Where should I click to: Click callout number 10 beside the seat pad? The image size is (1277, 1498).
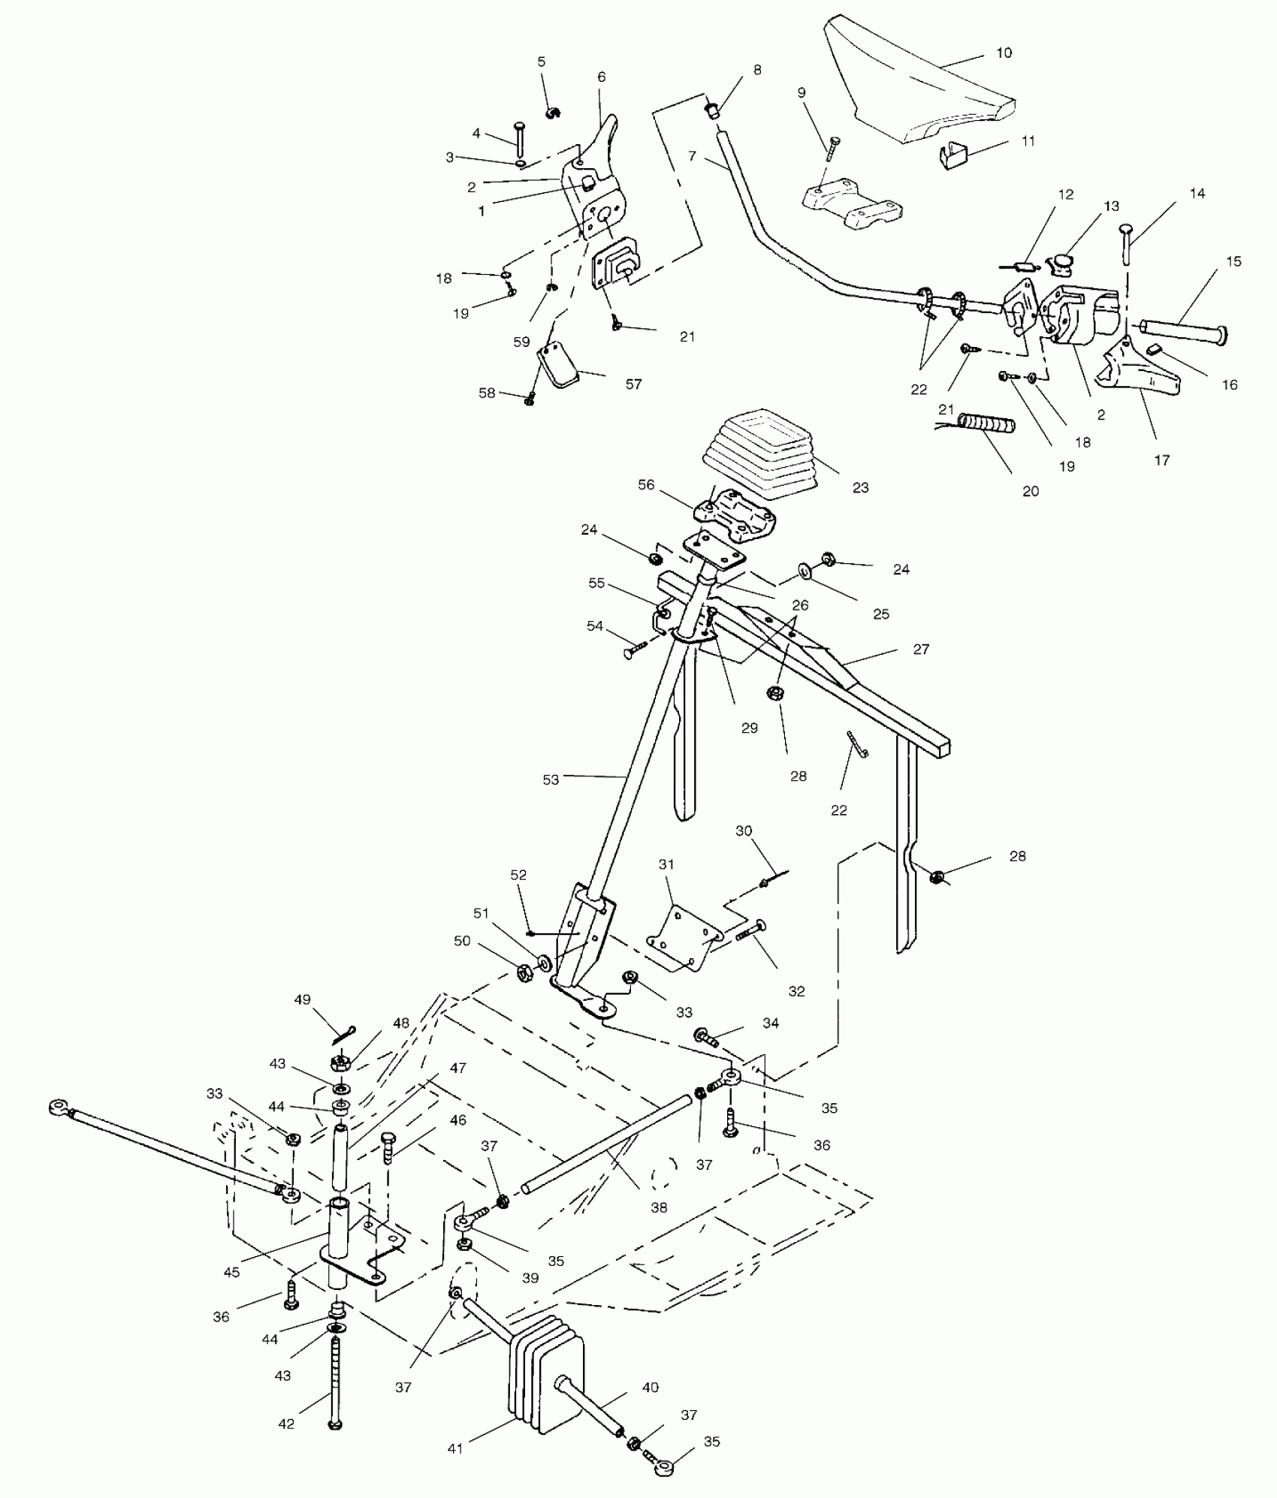click(x=1004, y=53)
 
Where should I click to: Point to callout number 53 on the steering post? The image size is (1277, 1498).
click(x=551, y=779)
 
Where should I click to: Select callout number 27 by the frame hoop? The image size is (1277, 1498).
click(x=922, y=649)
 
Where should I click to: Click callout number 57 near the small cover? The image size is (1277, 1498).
click(x=633, y=384)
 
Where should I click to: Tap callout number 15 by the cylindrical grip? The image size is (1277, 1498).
click(x=1233, y=262)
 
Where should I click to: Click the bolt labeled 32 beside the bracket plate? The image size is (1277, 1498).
click(x=748, y=933)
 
